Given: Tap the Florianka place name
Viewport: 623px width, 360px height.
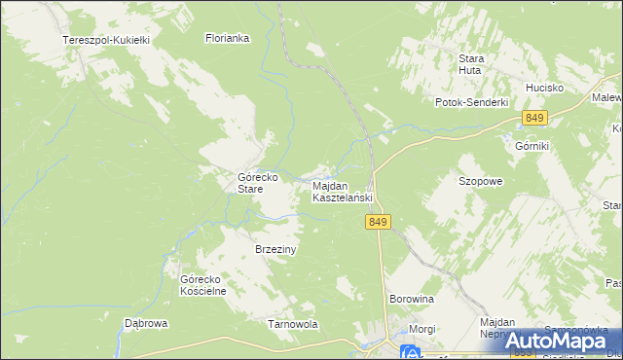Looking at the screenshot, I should pos(228,39).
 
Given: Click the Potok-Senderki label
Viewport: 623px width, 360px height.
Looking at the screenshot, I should pos(472,102).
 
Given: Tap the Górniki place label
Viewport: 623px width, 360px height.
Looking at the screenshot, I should pos(532,145).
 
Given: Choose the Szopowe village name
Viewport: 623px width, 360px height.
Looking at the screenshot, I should pos(480,181).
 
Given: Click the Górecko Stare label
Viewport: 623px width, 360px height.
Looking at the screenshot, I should pos(259,183).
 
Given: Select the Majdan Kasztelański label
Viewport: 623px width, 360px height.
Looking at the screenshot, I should pos(343,191).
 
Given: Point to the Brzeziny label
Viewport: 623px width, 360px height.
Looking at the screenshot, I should pos(275,249).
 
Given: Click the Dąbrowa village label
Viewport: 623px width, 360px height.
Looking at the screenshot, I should pos(147,323).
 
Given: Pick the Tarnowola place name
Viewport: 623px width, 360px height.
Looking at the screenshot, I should pos(293,324).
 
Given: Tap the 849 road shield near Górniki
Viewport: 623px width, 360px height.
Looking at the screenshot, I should pos(533,118).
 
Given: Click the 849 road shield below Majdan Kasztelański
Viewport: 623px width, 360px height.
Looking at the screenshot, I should pos(380,223).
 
